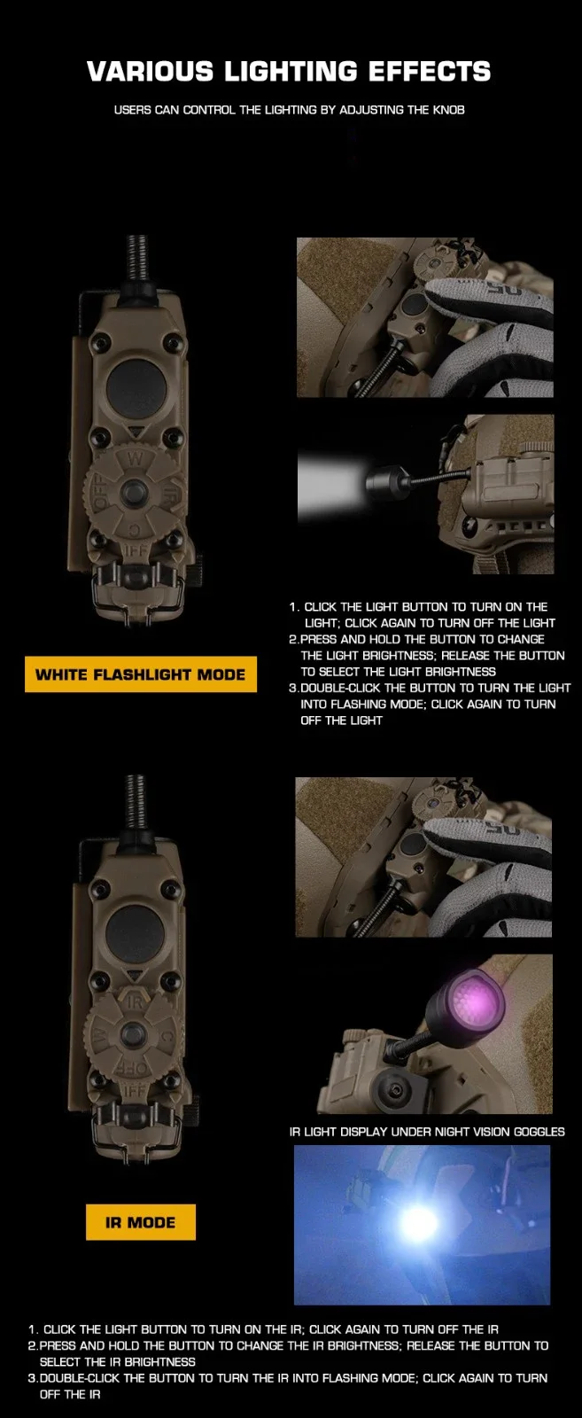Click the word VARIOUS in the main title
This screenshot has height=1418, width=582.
coord(151,72)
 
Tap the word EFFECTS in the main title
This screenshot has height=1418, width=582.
coord(430,72)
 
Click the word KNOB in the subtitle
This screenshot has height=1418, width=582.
coord(448,110)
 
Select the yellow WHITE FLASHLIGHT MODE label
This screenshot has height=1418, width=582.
coord(141,674)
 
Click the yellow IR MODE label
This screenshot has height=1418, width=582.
coord(141,1222)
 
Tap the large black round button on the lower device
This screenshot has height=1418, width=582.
coord(135,931)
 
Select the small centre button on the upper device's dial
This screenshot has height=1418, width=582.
coord(135,492)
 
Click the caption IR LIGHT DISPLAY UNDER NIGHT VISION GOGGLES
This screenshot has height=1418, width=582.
coord(427,1131)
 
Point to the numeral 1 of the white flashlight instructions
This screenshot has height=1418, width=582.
coord(293,606)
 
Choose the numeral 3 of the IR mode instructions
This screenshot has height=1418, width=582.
coord(31,1377)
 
